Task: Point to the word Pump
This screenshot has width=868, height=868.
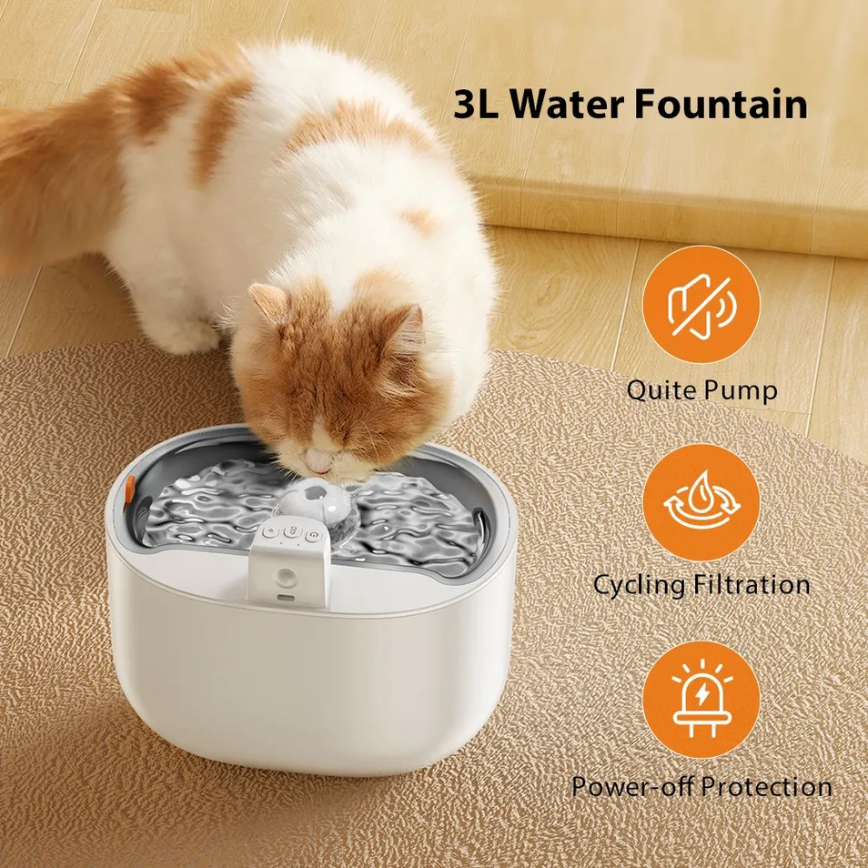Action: (x=742, y=391)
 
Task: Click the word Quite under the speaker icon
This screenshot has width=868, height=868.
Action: (x=661, y=391)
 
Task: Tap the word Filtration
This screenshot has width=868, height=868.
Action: (x=751, y=584)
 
